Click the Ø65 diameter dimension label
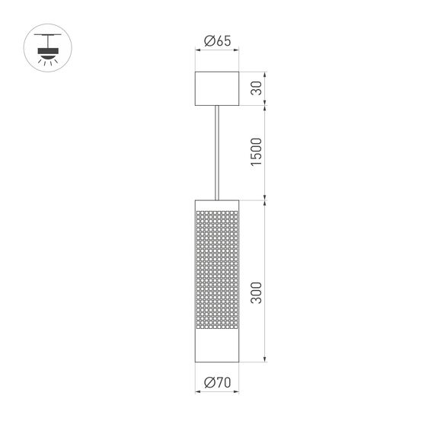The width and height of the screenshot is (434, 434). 218,41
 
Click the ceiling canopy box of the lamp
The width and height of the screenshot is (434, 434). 217,89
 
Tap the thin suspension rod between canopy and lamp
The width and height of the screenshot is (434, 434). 218,152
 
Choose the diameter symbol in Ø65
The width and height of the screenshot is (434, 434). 209,41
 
